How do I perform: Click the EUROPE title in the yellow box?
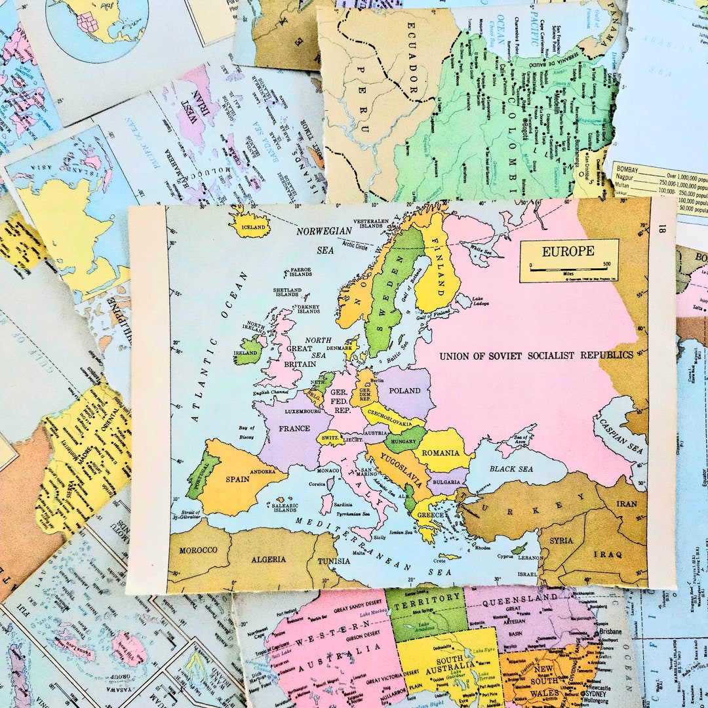(x=568, y=250)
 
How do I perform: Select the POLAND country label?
(x=405, y=391)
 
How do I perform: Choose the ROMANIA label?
(x=441, y=453)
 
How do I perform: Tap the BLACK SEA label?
(x=511, y=469)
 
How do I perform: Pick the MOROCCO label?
(x=197, y=549)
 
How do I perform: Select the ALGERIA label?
(x=268, y=559)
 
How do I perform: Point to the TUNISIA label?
(x=334, y=561)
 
